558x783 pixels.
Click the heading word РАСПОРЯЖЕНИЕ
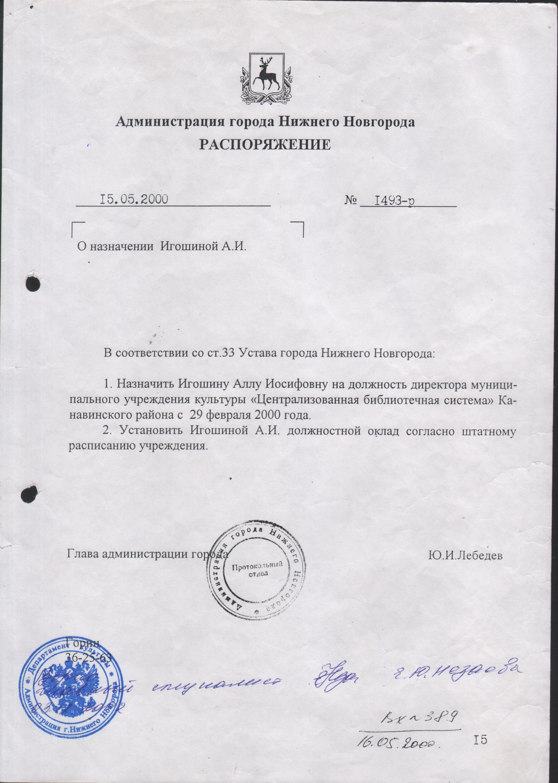(265, 144)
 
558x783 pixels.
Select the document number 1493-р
(395, 200)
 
